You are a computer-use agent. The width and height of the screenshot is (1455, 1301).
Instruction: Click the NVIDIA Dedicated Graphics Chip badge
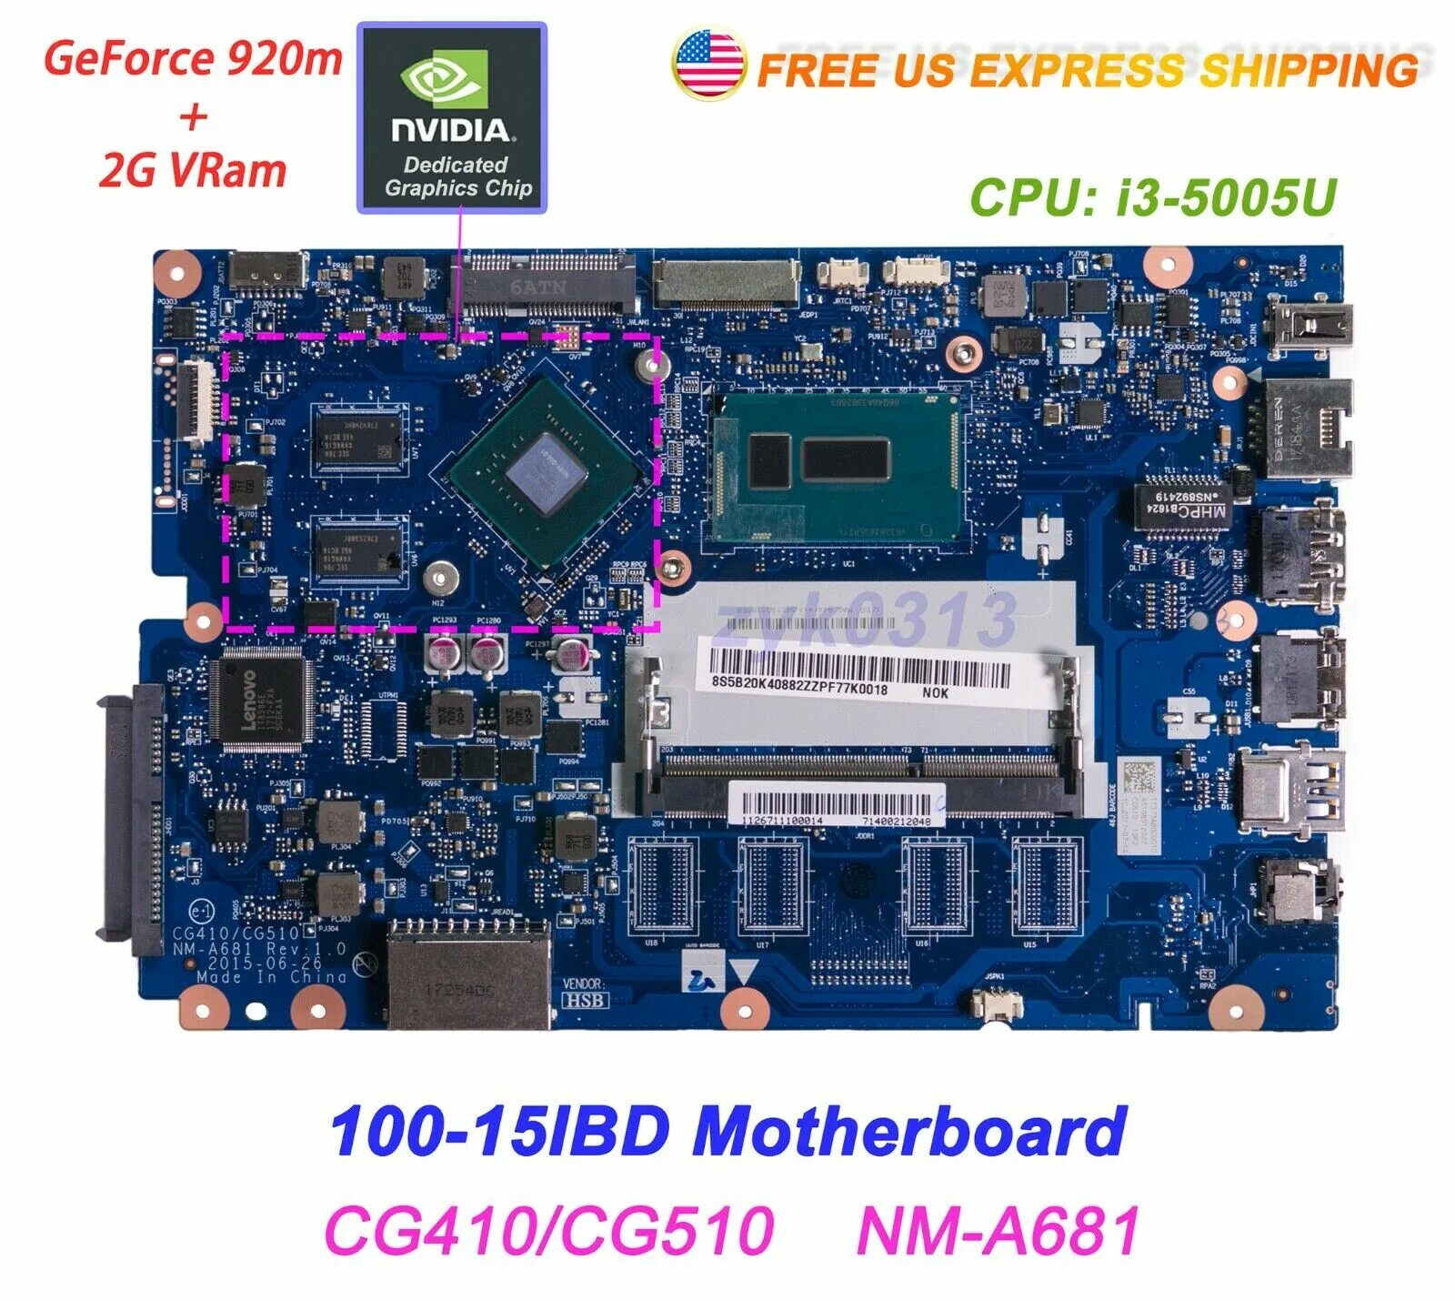pyautogui.click(x=452, y=118)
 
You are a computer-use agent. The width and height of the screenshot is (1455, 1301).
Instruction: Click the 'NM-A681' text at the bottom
pyautogui.click(x=998, y=1230)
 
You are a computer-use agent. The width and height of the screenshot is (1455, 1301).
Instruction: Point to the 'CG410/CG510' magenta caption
pyautogui.click(x=548, y=1230)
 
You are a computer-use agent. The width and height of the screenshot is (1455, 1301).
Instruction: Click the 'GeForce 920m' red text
pyautogui.click(x=193, y=59)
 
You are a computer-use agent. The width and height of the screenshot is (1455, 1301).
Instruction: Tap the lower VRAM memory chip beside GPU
pyautogui.click(x=359, y=549)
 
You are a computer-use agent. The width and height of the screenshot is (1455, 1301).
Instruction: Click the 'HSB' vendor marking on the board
pyautogui.click(x=586, y=1000)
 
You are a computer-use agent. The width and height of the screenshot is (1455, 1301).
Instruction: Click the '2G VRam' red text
pyautogui.click(x=193, y=170)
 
